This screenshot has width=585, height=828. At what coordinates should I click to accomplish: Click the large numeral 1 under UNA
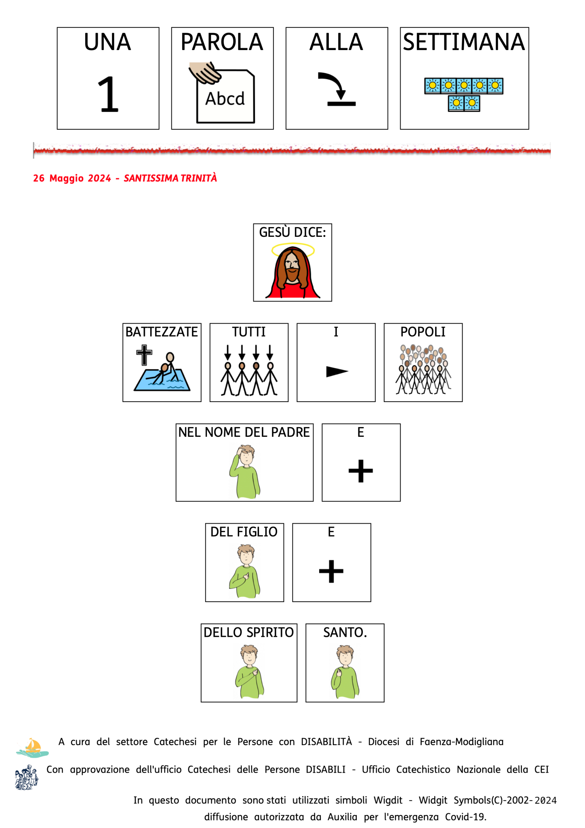[108, 95]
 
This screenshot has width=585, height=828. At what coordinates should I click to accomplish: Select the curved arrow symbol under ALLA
[336, 89]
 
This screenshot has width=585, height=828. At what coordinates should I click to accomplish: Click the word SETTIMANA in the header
[464, 42]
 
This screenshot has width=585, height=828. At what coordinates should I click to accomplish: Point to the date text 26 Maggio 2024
[72, 178]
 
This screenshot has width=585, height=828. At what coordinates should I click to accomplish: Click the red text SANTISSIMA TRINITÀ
[170, 178]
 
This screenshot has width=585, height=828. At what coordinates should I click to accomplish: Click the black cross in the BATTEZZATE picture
[144, 355]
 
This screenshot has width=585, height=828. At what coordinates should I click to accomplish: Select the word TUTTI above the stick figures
[249, 332]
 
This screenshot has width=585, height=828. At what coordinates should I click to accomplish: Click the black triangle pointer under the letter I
[337, 371]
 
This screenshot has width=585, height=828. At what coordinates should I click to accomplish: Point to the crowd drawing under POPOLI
[423, 369]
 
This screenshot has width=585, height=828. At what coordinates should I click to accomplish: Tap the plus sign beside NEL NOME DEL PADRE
[360, 471]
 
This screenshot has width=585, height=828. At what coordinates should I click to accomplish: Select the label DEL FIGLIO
[244, 532]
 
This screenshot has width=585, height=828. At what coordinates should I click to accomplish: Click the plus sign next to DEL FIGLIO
[331, 571]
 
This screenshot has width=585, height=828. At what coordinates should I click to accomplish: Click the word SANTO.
[345, 632]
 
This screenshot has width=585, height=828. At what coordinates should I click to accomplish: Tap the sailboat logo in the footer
[32, 748]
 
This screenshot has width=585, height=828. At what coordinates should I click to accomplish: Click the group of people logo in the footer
[27, 777]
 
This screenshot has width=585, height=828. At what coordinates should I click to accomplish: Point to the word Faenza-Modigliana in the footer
[461, 742]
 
